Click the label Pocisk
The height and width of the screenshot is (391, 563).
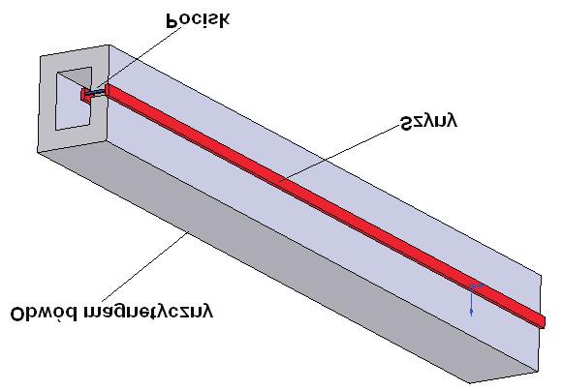point(198,20)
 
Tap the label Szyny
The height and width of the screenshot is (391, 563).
point(429,122)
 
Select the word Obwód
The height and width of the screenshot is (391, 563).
point(44,313)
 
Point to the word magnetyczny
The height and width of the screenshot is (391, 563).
point(148,312)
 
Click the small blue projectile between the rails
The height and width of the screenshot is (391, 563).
point(96,93)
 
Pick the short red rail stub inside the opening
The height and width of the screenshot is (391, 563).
point(85,96)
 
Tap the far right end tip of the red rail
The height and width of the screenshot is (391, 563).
point(545,322)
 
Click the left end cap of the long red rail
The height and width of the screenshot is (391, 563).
point(107,90)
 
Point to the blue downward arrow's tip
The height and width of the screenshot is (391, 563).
point(471,316)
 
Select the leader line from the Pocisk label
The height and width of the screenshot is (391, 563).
point(139,58)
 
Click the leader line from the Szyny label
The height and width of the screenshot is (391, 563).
point(340,153)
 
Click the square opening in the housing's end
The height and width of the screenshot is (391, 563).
point(74,99)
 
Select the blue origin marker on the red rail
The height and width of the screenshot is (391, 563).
point(474,287)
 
